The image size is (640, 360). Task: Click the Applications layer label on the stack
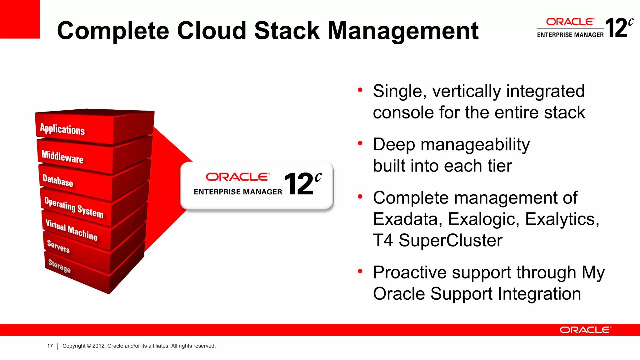click(62, 129)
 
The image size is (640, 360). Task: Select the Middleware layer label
click(62, 156)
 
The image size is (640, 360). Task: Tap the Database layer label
click(58, 181)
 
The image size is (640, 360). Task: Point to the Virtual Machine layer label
click(71, 230)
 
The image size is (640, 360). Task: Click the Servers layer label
click(58, 246)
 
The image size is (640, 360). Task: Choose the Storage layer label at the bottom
click(59, 266)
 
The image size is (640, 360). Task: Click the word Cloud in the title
click(212, 31)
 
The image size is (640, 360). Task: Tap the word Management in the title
click(403, 31)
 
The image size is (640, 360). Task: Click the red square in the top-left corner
click(20, 19)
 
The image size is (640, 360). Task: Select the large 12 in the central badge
click(298, 184)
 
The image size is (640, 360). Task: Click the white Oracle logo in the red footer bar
click(585, 330)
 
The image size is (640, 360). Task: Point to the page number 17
click(50, 346)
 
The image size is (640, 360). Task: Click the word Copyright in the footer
click(74, 346)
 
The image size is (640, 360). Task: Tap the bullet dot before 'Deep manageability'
click(360, 143)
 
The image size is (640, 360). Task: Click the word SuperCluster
click(450, 240)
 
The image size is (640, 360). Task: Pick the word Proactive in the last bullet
click(410, 272)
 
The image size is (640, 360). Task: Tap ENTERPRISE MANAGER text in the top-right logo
click(570, 35)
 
